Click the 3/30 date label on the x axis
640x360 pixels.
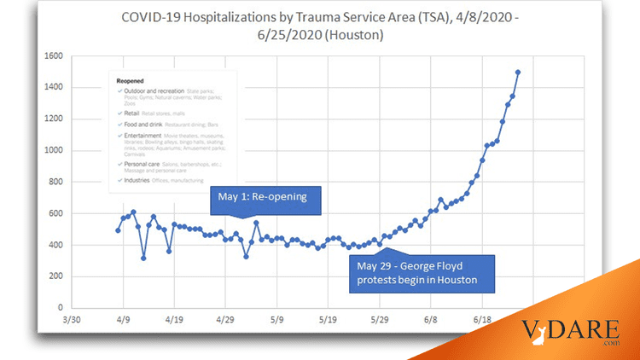[x=72, y=322]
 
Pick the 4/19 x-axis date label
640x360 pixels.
[x=174, y=322]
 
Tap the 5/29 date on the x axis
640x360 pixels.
[x=379, y=322]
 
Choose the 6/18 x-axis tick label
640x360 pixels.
[x=482, y=322]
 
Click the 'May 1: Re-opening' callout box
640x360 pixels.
[x=264, y=201]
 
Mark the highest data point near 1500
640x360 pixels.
[x=518, y=73]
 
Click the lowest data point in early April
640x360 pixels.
[x=143, y=258]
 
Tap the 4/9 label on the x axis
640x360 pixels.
[x=123, y=322]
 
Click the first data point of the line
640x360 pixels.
[x=118, y=230]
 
